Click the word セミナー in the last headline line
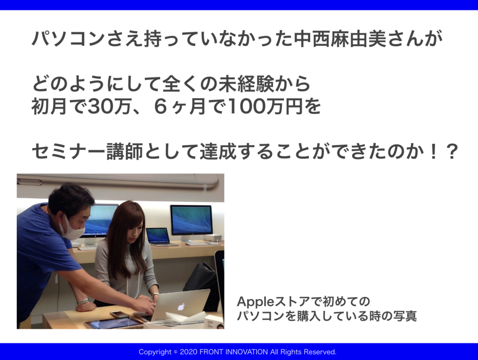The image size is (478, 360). pyautogui.click(x=68, y=152)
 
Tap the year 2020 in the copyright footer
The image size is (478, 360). pyautogui.click(x=189, y=352)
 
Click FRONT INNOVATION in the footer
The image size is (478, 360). pyautogui.click(x=233, y=352)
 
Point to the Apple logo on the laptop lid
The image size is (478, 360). pyautogui.click(x=182, y=306)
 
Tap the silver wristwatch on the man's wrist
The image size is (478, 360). pyautogui.click(x=83, y=302)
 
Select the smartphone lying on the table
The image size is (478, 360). pyautogui.click(x=119, y=314)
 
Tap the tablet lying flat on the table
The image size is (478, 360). pyautogui.click(x=114, y=323)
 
